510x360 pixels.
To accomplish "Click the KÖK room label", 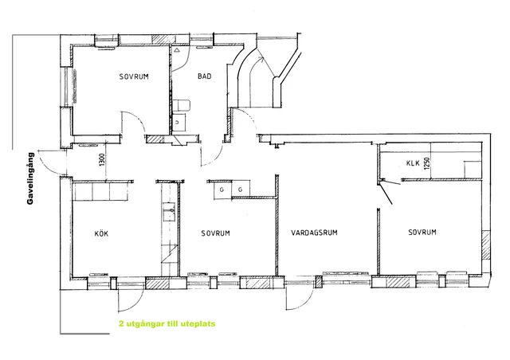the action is click(x=101, y=233).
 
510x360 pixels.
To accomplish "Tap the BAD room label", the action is click(x=204, y=76).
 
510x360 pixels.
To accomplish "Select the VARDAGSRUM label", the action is click(x=314, y=233).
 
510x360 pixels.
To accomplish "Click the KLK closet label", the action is click(x=413, y=163).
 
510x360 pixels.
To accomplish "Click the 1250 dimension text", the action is click(x=427, y=164).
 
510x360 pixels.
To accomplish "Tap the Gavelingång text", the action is click(x=30, y=178).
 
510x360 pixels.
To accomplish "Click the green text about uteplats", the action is click(x=167, y=324).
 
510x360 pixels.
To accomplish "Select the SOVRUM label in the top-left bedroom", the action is click(x=134, y=76).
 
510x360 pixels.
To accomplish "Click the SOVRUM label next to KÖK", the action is click(x=215, y=233).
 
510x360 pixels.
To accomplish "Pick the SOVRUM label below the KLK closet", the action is click(x=422, y=233).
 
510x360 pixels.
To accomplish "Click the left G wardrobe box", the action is click(x=222, y=190).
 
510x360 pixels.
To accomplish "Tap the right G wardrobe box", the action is click(x=241, y=189).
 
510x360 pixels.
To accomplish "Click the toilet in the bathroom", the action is click(x=181, y=106).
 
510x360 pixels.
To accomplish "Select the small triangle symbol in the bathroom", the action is click(x=177, y=50).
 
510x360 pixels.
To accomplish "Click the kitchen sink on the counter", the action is click(x=169, y=212).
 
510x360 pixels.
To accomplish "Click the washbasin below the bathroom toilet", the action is click(x=178, y=123).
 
